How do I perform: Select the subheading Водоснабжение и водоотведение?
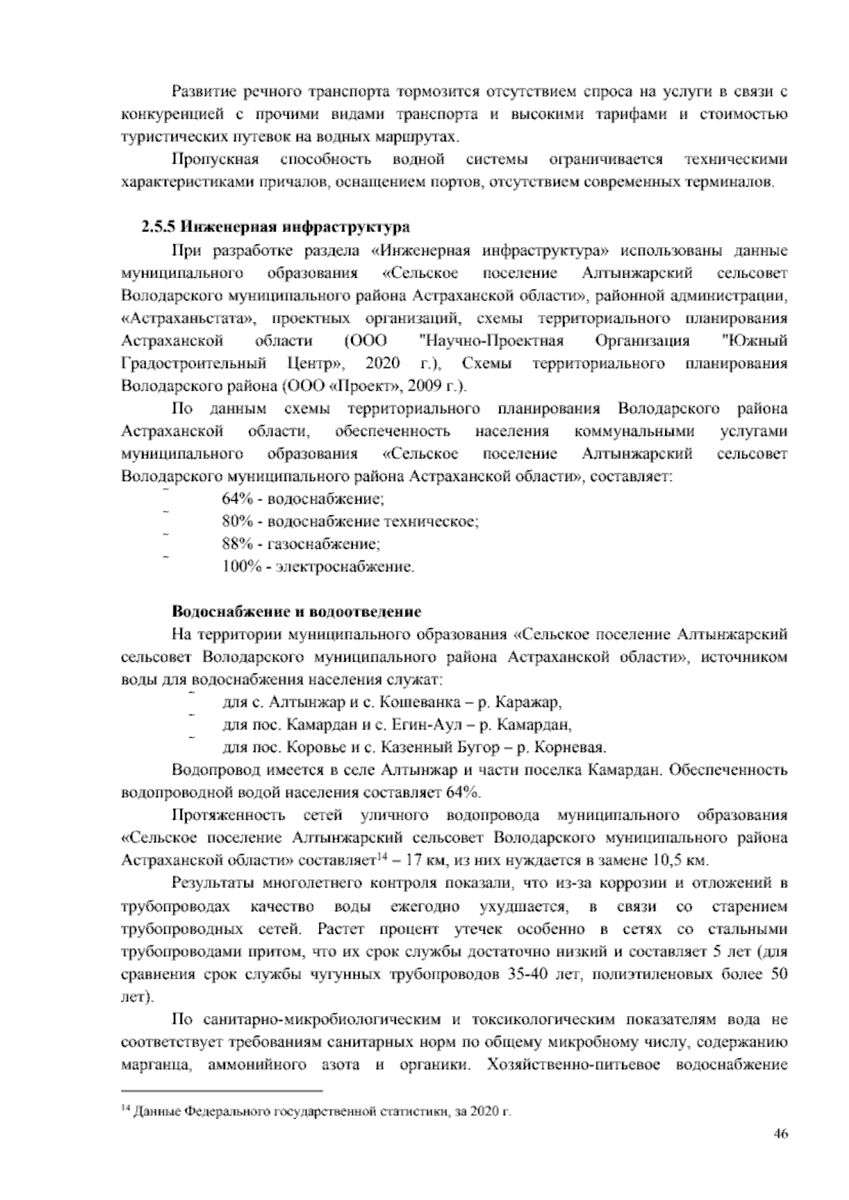296,611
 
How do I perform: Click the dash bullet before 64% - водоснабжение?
166,490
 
